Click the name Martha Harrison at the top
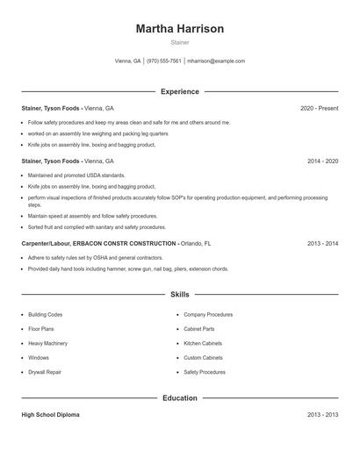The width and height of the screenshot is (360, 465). coord(179,29)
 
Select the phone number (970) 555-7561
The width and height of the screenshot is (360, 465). coord(164,61)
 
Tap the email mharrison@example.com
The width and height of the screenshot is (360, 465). coord(216,61)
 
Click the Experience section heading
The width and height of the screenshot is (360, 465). coord(179,91)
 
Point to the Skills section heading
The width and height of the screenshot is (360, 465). coord(179,295)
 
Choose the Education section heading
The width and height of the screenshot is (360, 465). coord(179,397)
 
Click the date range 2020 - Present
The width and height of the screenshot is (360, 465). coord(319,108)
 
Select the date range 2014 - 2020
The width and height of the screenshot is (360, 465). coord(322,161)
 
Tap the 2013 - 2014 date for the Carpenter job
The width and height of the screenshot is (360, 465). coord(322,243)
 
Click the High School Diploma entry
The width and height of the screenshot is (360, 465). coord(50,415)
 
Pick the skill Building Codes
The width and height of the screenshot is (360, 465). coord(45,314)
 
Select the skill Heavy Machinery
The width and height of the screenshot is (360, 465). coord(47,343)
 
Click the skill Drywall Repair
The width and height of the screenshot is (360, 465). coord(45,372)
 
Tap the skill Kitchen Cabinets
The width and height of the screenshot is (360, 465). coord(203,343)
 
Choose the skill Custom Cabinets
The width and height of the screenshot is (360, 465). coord(203,358)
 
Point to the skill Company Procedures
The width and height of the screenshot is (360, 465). coord(208,314)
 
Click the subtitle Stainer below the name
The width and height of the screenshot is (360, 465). coord(179,42)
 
